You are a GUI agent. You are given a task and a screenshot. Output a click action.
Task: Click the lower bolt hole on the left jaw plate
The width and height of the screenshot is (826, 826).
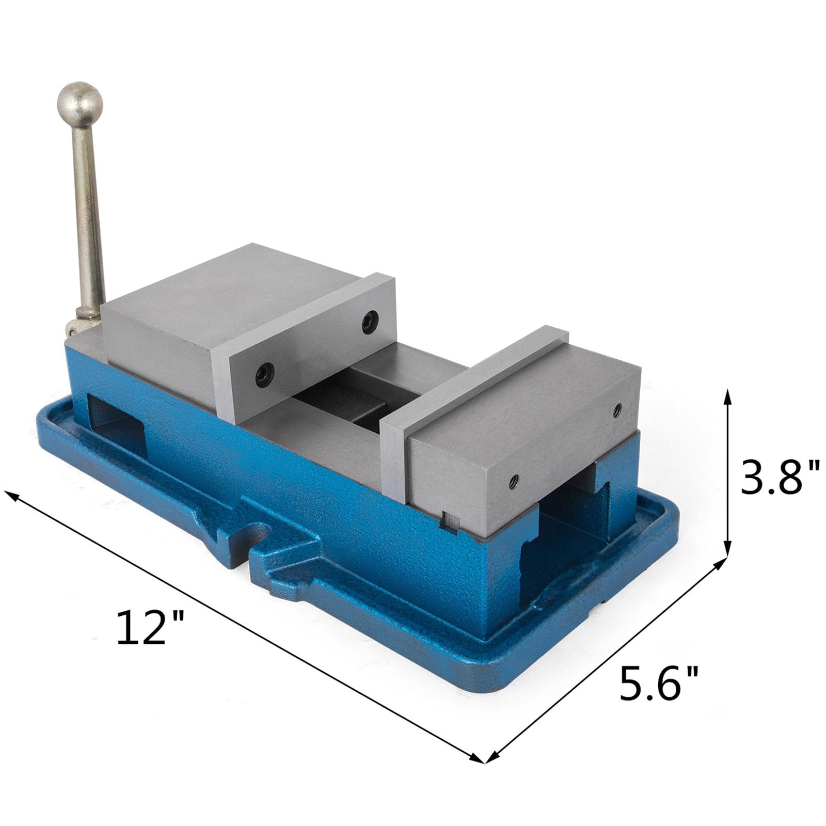click(265, 375)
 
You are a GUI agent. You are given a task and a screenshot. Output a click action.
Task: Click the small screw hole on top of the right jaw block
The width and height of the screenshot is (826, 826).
click(616, 410)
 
